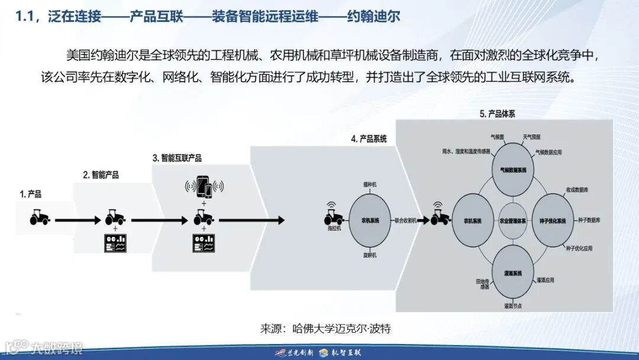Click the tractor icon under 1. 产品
(40, 218)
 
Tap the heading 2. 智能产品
(101, 175)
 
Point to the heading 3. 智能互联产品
(177, 158)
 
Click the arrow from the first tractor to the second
(77, 220)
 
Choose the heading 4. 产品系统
(369, 139)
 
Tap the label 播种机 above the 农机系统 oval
(370, 185)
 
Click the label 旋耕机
(370, 255)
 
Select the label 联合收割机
(406, 220)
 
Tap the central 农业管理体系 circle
(513, 220)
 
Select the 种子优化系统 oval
(553, 220)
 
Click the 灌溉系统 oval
(513, 273)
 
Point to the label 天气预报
(531, 137)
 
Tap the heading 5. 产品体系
(497, 114)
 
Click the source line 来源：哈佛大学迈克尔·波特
(325, 329)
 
